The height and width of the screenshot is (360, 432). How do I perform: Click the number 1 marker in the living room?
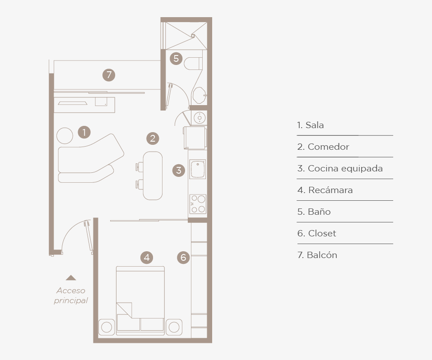click(84, 132)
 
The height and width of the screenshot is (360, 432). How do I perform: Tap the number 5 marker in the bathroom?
click(176, 58)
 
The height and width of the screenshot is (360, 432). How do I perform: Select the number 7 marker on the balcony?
click(109, 75)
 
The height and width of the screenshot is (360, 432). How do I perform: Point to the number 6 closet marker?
click(183, 257)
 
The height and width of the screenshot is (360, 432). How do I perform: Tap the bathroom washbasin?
click(200, 95)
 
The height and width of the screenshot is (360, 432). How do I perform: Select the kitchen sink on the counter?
click(198, 169)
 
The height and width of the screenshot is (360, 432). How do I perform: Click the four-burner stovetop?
click(198, 204)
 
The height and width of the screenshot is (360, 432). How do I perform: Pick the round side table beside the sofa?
click(65, 135)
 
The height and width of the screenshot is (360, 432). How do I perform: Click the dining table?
click(153, 175)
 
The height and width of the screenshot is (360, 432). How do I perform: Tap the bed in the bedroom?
click(140, 300)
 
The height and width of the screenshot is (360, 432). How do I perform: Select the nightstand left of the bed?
click(107, 327)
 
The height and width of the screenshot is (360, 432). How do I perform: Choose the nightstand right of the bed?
click(174, 327)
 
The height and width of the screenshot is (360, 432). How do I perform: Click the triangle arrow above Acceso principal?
click(71, 277)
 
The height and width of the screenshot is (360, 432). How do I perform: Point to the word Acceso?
click(71, 291)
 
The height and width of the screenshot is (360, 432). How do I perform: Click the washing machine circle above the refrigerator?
click(200, 118)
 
